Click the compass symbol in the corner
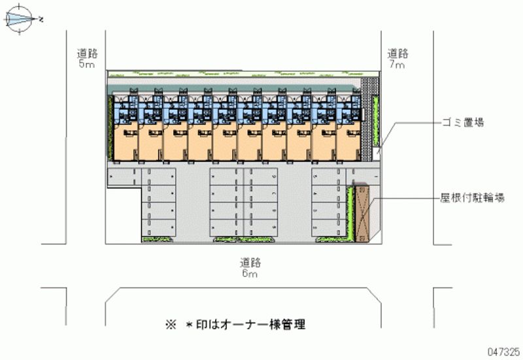point(21,19)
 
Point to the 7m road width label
point(397,65)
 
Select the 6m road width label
point(250,274)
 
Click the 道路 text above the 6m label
point(250,263)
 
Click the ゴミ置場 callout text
point(462,122)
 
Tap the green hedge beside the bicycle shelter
point(352,213)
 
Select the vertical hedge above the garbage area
point(376,121)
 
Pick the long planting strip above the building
point(235,73)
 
